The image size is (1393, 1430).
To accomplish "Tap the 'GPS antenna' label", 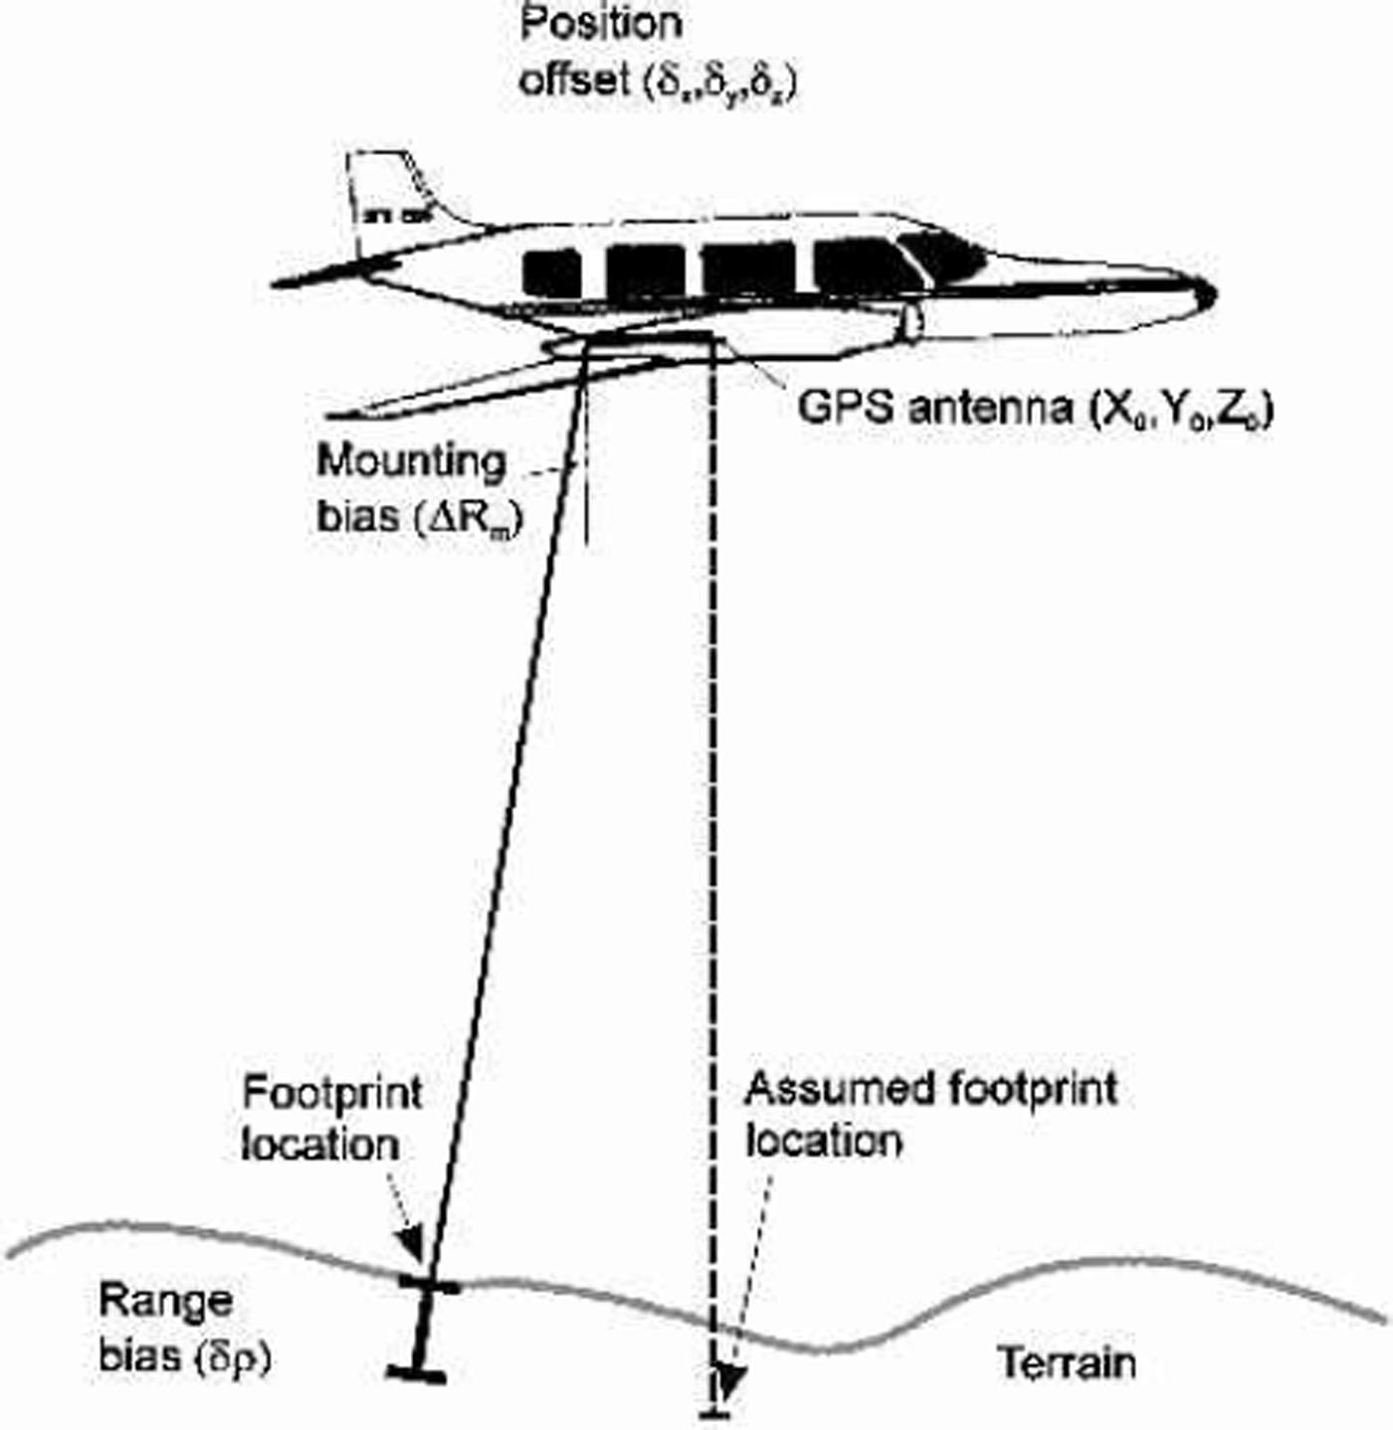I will [x=1035, y=408].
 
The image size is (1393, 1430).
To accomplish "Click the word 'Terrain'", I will [x=1067, y=1362].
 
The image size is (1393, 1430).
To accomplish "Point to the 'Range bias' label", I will [x=184, y=1329].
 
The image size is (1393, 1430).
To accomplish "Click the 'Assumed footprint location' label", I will [x=930, y=1114].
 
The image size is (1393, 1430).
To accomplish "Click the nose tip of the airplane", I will [x=1208, y=293].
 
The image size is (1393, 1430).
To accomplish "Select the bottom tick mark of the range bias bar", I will [x=416, y=1373].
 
